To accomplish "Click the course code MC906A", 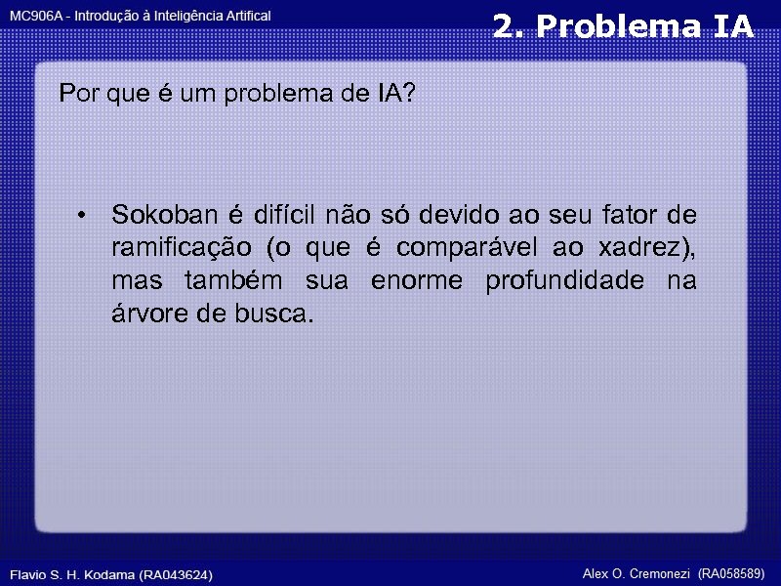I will click(36, 17).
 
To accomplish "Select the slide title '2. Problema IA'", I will click(623, 27).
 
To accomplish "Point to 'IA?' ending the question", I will click(395, 95).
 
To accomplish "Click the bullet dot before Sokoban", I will click(87, 215).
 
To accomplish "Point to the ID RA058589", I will click(731, 573).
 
